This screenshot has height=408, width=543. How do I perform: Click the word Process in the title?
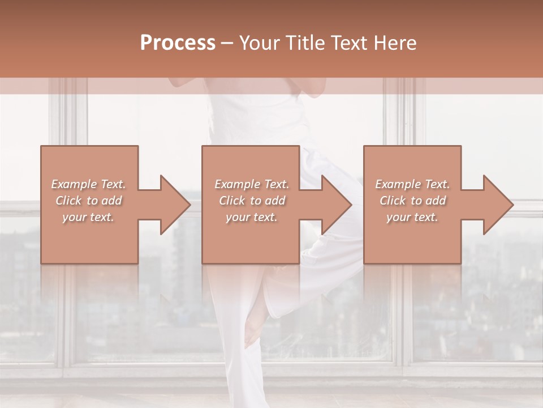click(x=178, y=43)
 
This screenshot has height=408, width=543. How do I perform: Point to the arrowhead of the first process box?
click(x=175, y=205)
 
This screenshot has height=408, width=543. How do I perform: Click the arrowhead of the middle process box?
click(x=337, y=205)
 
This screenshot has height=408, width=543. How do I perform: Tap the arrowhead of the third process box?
click(x=498, y=205)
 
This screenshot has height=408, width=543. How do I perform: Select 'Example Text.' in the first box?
click(x=89, y=184)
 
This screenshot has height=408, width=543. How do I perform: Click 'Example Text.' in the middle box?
click(x=252, y=184)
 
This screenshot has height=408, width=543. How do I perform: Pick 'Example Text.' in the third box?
click(x=412, y=184)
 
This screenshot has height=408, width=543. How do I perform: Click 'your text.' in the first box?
click(x=89, y=218)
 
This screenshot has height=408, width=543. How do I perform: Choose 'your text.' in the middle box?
click(x=252, y=218)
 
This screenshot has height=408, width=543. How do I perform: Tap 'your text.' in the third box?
click(x=412, y=218)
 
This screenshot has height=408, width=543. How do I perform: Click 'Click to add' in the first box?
click(x=89, y=201)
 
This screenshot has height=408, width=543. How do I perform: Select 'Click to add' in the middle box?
click(x=252, y=201)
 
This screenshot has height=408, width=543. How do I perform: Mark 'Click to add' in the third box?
click(x=412, y=201)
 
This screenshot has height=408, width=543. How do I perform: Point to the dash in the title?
click(x=227, y=44)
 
